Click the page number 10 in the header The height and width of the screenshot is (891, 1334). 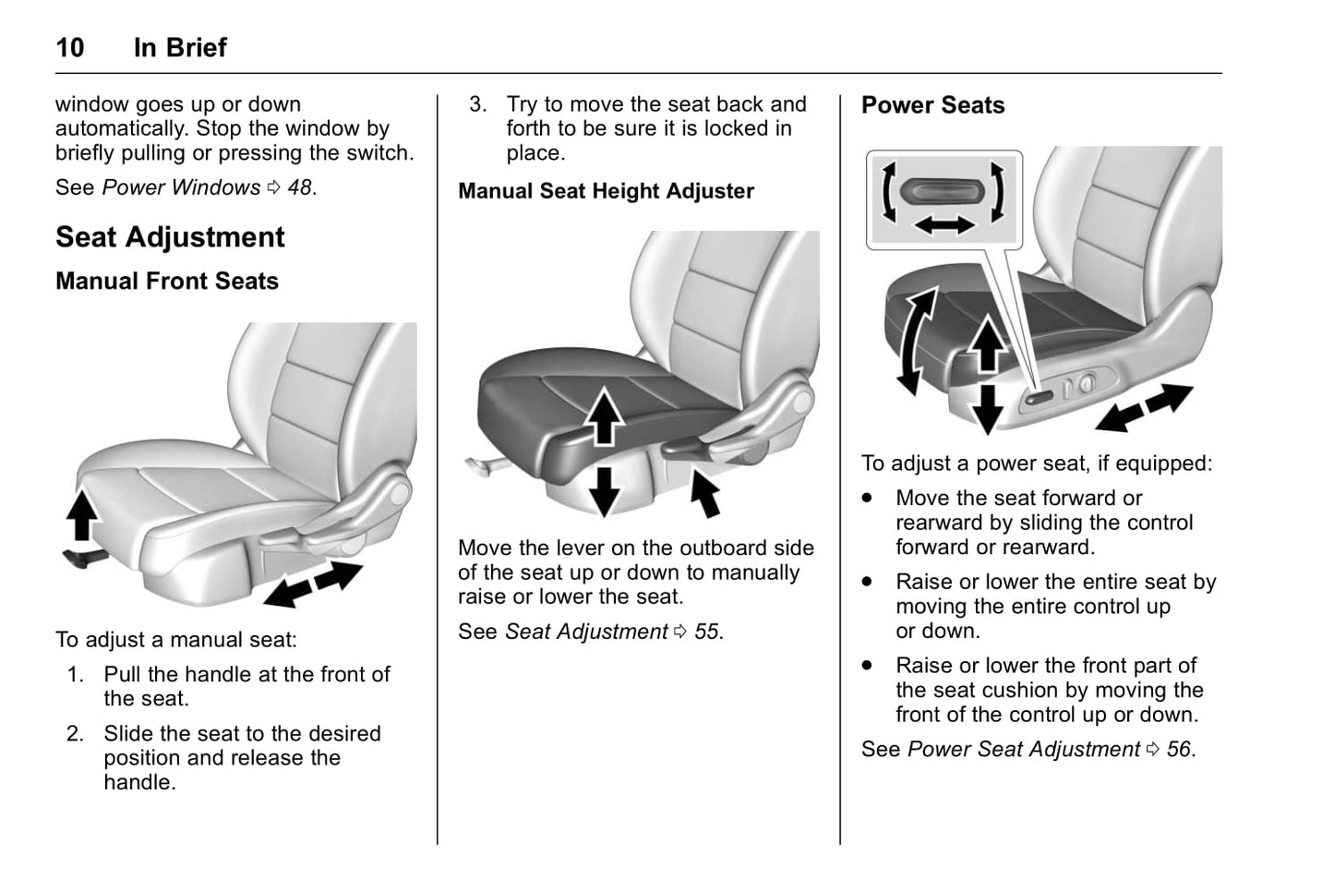click(x=70, y=48)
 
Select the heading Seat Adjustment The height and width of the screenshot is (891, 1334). click(x=170, y=237)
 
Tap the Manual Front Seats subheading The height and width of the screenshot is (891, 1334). click(x=166, y=282)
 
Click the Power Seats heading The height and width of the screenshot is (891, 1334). click(x=932, y=105)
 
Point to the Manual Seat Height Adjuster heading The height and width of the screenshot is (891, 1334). click(x=606, y=191)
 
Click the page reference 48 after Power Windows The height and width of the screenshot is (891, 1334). click(x=299, y=187)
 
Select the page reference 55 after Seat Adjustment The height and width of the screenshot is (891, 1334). click(x=706, y=632)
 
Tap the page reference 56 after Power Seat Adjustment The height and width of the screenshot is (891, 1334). click(x=1178, y=749)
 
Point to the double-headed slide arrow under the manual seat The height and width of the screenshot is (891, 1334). click(x=313, y=584)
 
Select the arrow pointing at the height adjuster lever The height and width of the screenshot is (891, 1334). click(x=705, y=493)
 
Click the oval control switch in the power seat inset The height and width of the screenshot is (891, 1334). click(x=940, y=191)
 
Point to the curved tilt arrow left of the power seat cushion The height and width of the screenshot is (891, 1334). click(x=919, y=340)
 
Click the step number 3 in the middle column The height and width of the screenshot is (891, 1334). click(x=477, y=104)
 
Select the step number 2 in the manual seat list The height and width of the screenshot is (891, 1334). click(x=76, y=734)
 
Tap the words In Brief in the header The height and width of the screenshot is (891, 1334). click(x=180, y=48)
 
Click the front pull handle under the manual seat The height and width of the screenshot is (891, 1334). click(x=78, y=556)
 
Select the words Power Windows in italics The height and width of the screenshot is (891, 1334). click(x=181, y=187)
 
